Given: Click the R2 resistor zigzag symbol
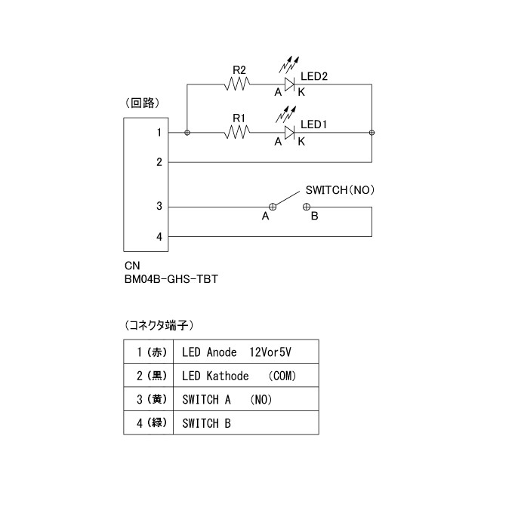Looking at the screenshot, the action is tap(237, 84).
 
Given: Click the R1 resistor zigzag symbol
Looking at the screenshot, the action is tap(237, 133).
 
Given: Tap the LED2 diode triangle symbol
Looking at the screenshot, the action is tap(289, 84).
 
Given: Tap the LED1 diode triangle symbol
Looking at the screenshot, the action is tap(289, 133).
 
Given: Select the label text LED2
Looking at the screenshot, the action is tap(314, 77).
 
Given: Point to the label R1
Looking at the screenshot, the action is tap(239, 118).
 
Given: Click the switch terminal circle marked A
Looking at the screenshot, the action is tap(273, 207).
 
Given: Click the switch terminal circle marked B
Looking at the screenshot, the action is tap(307, 207).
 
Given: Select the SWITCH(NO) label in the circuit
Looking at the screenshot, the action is tap(340, 190).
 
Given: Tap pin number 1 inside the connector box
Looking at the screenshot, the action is tap(159, 133).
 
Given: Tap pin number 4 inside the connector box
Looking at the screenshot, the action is tap(159, 237).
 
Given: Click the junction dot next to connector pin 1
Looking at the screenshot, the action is tap(187, 133).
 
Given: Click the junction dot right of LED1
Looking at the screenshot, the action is tap(372, 133).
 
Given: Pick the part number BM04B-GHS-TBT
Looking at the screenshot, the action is tap(171, 279).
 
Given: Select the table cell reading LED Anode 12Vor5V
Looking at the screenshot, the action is tap(246, 352).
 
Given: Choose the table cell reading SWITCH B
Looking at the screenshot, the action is tap(246, 422).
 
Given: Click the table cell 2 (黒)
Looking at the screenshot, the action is tap(148, 376).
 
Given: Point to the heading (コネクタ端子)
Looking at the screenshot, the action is tap(159, 325).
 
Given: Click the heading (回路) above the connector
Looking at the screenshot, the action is tap(143, 103).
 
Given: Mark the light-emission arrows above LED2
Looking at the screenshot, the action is tap(288, 65).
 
